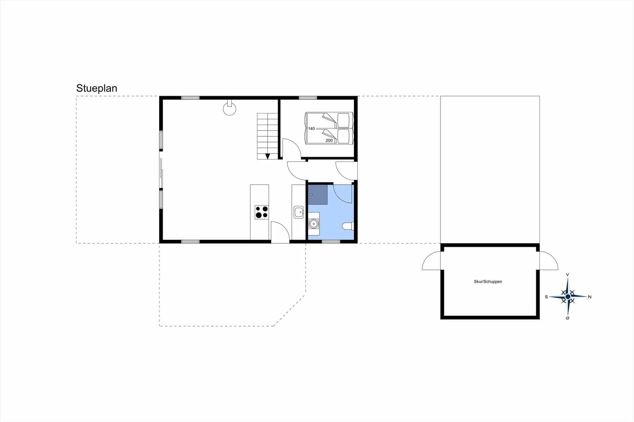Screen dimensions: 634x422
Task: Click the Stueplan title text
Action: pos(97,88)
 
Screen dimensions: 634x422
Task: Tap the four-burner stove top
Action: pos(262,212)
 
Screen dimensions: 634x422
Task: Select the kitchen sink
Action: pos(299,212)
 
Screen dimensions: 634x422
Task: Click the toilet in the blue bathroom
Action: pos(348,226)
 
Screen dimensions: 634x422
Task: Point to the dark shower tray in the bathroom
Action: pos(318,195)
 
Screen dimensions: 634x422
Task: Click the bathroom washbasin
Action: pos(314,224)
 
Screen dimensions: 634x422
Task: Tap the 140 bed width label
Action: pos(311,129)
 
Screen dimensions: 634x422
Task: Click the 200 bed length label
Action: pos(329,140)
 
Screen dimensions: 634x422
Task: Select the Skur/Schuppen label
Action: pos(488,282)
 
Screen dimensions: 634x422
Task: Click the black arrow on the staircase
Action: pos(267,156)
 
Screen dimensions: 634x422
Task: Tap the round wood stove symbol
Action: pos(229,109)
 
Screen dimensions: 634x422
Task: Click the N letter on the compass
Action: pos(589,297)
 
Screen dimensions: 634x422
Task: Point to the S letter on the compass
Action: pos(546,297)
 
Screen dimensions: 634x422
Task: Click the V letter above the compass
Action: pos(568,275)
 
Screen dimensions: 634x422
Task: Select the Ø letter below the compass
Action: pos(568,318)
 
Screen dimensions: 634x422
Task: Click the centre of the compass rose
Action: pos(568,297)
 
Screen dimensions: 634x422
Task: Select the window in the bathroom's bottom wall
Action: pos(331,242)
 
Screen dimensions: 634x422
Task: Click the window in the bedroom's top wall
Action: pos(308,98)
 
